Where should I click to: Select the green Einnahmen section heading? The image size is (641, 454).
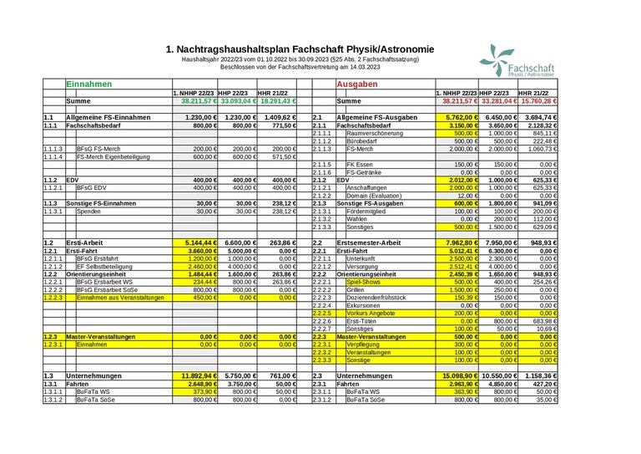90,84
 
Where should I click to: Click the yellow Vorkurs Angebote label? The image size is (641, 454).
375,313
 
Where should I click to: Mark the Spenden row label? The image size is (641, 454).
89,212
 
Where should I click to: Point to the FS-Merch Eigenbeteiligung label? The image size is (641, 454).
114,156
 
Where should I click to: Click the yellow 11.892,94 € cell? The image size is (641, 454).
194,376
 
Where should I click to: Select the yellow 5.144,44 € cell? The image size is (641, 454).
194,242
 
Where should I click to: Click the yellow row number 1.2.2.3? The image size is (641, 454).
53,297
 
